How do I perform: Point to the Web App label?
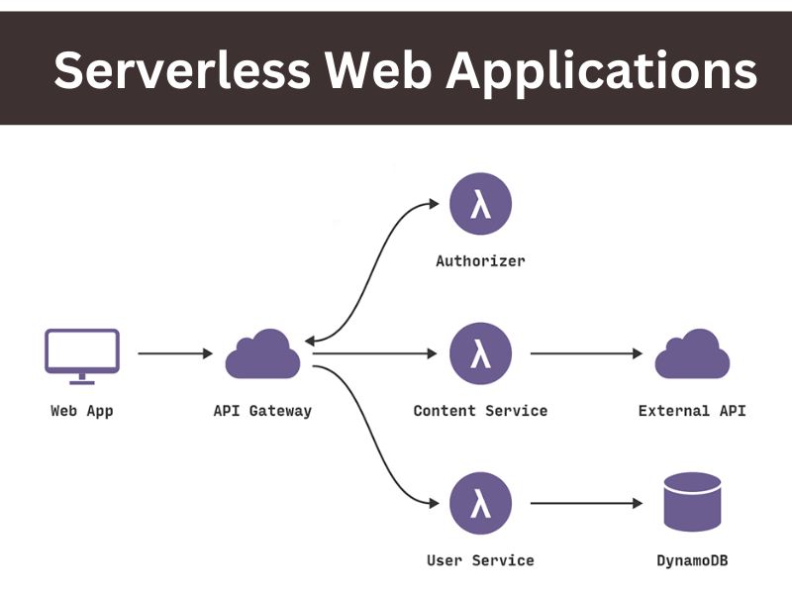[82, 411]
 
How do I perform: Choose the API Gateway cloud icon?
[262, 354]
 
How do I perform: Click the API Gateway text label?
[262, 411]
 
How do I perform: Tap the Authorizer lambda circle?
[480, 205]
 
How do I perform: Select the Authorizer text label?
[480, 262]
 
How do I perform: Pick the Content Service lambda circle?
[480, 353]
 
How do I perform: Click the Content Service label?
[480, 411]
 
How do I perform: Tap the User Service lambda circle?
[480, 503]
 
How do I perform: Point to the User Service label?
[480, 560]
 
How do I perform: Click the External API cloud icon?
[692, 354]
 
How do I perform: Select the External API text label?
[692, 411]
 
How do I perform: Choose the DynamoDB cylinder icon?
[692, 503]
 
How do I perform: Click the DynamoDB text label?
[692, 560]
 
